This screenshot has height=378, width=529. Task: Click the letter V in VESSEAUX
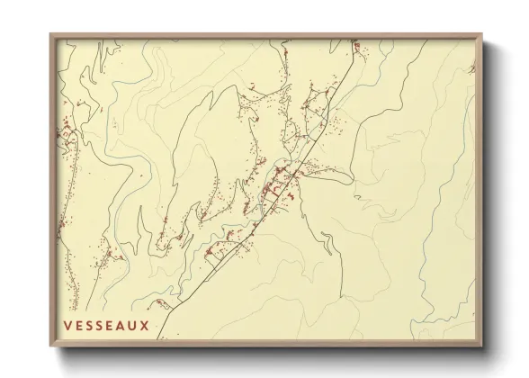tap(68, 325)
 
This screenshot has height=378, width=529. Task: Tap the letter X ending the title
tap(144, 325)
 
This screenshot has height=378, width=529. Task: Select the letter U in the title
tap(132, 325)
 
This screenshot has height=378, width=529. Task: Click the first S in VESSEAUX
tap(89, 325)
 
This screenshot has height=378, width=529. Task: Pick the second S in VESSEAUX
tap(100, 325)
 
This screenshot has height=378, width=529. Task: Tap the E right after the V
tap(78, 325)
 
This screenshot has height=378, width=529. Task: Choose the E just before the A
tap(111, 325)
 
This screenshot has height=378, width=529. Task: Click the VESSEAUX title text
tap(106, 325)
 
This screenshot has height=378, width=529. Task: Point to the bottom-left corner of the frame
tap(50, 347)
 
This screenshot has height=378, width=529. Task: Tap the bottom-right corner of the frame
tap(481, 347)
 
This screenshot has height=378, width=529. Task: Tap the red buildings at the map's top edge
tap(355, 44)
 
